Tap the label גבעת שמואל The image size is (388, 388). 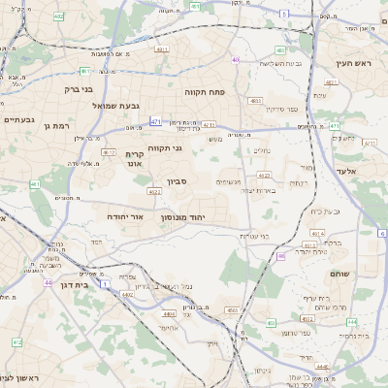[x=90, y=105]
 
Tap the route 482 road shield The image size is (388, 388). [x=60, y=16]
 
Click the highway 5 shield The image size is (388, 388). [x=283, y=14]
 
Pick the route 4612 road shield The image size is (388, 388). [x=109, y=152]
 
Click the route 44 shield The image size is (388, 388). [x=48, y=283]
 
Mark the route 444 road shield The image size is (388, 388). [x=351, y=321]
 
